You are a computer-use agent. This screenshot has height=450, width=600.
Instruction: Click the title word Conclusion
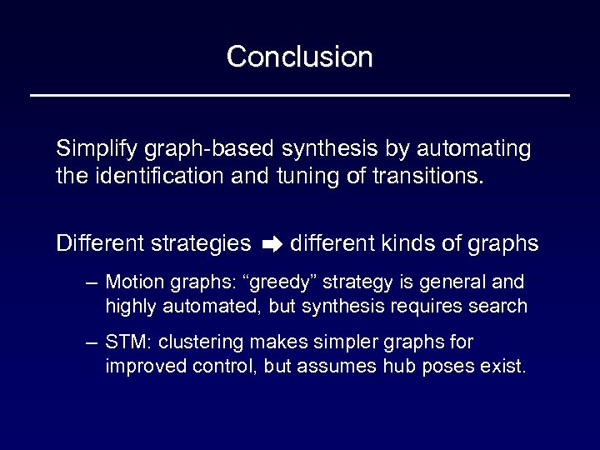(x=299, y=57)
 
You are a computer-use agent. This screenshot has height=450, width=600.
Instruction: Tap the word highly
(x=127, y=306)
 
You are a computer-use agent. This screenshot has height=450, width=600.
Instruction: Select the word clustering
(x=202, y=342)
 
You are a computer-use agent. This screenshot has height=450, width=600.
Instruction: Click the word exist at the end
(x=506, y=367)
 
